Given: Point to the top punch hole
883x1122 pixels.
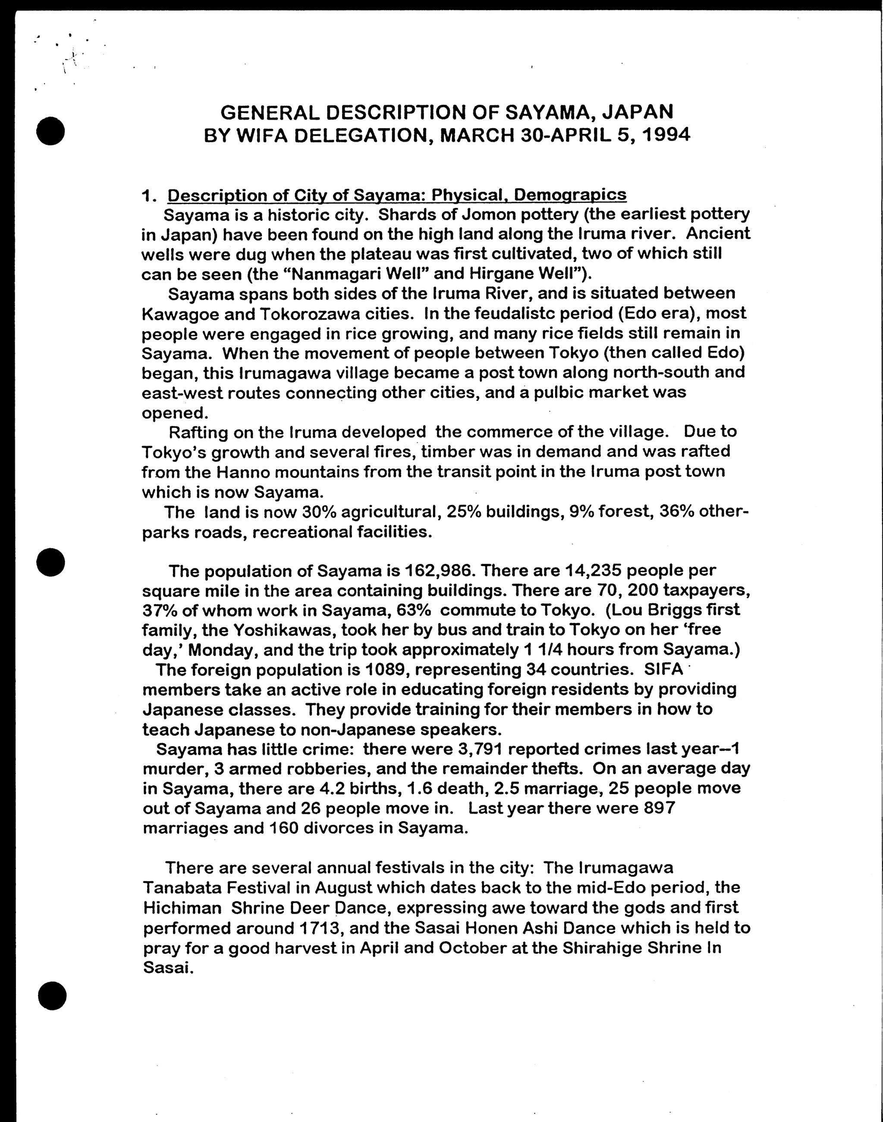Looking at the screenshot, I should [50, 130].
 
